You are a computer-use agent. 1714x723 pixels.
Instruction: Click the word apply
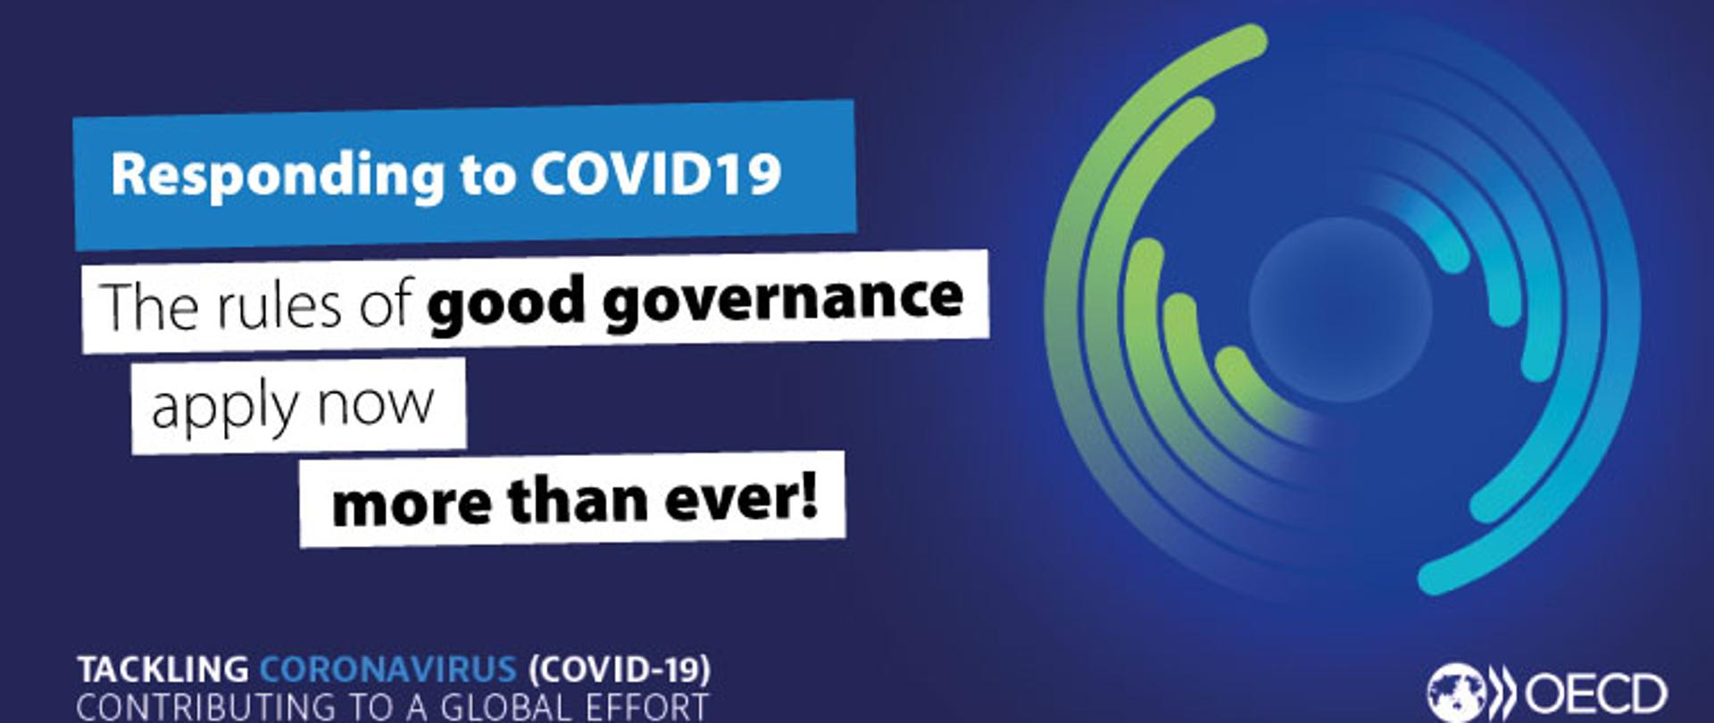(x=224, y=407)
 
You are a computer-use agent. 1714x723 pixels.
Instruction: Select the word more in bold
(x=411, y=504)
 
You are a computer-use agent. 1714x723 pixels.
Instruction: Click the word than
(x=578, y=501)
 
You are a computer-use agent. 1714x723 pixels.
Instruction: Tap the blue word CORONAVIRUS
(x=388, y=669)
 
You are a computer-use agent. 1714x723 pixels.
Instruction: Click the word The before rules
(x=148, y=306)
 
